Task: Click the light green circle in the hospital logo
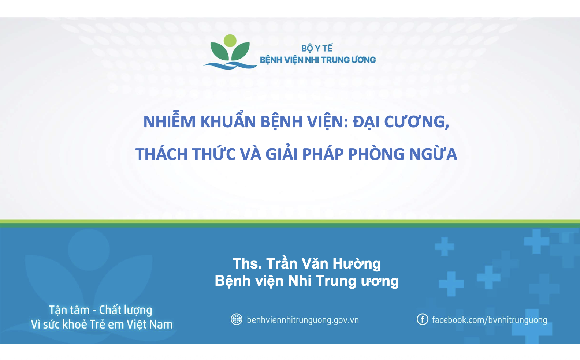[x=230, y=41]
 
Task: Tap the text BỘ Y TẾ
[x=317, y=48]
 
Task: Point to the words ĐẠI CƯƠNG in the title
[x=401, y=121]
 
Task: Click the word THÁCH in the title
[x=161, y=154]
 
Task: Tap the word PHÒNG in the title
[x=376, y=154]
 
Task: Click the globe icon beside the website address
[x=237, y=319]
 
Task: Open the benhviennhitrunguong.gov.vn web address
[x=303, y=320]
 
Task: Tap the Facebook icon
[x=422, y=319]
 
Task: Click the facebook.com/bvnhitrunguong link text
[x=489, y=320]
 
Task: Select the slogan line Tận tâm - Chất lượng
[x=100, y=311]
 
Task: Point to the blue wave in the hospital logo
[x=230, y=65]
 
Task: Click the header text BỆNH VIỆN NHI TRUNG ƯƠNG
[x=318, y=60]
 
